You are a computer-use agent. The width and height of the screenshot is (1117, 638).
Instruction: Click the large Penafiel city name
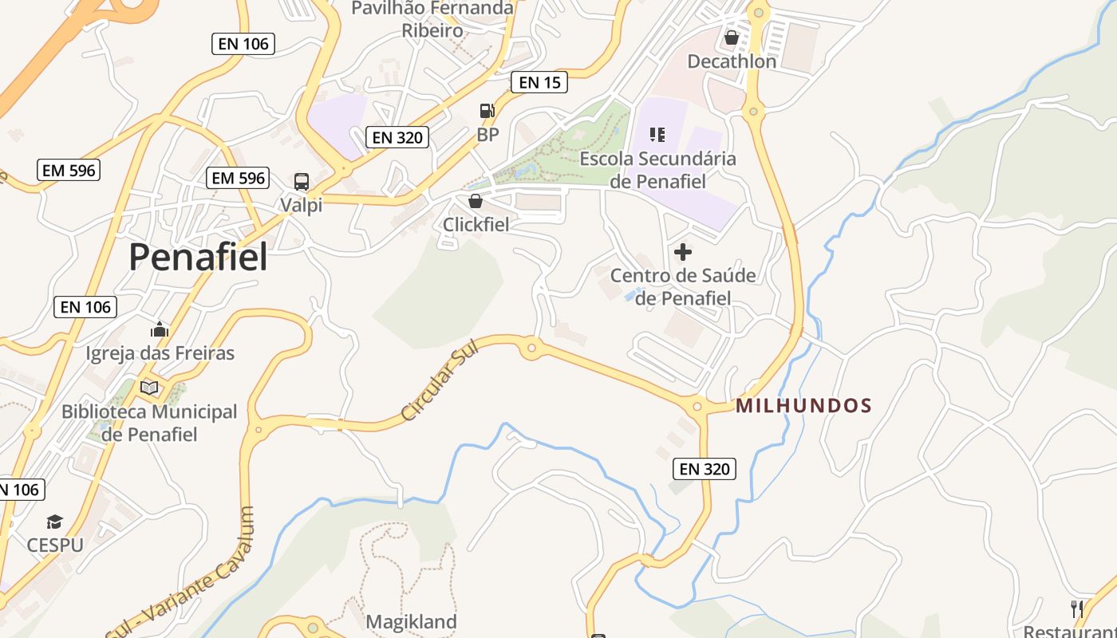(x=198, y=257)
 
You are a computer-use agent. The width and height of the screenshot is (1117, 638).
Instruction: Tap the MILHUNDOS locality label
(x=803, y=406)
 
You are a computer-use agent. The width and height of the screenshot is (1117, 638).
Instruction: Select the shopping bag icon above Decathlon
(x=731, y=37)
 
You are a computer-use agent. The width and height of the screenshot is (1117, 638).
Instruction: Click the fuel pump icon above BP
(x=487, y=111)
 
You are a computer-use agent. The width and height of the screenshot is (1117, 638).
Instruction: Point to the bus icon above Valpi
(x=301, y=181)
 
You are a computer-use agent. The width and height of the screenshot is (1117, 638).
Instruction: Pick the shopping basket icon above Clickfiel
(x=475, y=201)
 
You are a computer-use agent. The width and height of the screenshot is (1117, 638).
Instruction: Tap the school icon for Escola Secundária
(x=657, y=134)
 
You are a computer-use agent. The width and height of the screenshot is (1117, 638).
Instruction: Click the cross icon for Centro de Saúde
(x=683, y=252)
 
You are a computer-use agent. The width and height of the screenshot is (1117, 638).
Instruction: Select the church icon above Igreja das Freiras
(x=160, y=329)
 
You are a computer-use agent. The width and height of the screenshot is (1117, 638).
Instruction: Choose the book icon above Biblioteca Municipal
(x=149, y=388)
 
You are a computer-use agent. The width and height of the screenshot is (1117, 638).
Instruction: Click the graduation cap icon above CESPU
(x=54, y=522)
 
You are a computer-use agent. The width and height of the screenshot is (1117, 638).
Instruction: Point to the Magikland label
(x=411, y=621)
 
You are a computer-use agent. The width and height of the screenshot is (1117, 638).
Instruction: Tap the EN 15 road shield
(x=539, y=81)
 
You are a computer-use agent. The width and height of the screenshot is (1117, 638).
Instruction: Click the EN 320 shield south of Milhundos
(x=704, y=469)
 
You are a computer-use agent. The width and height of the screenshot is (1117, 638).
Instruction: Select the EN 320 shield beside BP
(x=397, y=137)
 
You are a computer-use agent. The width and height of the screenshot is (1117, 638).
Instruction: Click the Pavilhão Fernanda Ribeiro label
(x=432, y=19)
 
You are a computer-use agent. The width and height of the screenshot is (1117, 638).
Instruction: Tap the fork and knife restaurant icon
(x=1077, y=609)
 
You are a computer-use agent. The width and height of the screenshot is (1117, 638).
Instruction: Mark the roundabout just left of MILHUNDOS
(x=697, y=407)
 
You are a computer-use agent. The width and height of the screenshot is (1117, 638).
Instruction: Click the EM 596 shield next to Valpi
(x=237, y=178)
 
